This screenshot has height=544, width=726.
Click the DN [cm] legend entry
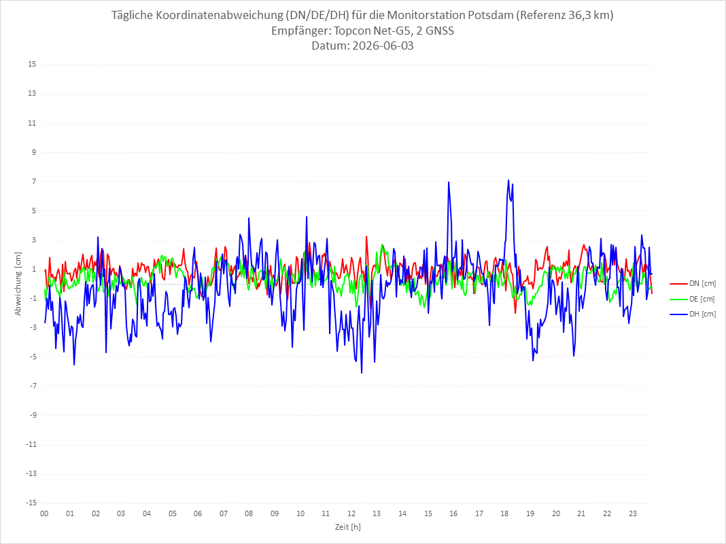pyautogui.click(x=693, y=284)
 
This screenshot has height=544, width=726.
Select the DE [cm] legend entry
pyautogui.click(x=692, y=299)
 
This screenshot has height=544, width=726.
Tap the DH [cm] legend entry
pyautogui.click(x=693, y=314)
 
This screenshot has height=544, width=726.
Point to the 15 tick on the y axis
pyautogui.click(x=32, y=65)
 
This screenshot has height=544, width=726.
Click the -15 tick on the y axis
pyautogui.click(x=31, y=503)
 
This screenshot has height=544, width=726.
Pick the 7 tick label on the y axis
pyautogui.click(x=34, y=181)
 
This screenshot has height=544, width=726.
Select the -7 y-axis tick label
pyautogui.click(x=33, y=386)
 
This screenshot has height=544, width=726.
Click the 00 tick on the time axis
pyautogui.click(x=44, y=513)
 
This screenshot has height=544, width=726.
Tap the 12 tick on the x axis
pyautogui.click(x=351, y=513)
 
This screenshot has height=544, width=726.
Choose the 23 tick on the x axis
pyautogui.click(x=633, y=513)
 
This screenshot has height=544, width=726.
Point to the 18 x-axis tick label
pyautogui.click(x=504, y=513)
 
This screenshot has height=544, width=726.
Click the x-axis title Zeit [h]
pyautogui.click(x=348, y=527)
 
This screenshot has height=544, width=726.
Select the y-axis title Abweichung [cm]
pyautogui.click(x=18, y=284)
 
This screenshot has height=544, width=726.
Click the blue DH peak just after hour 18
pyautogui.click(x=508, y=180)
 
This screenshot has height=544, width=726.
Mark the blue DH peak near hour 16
pyautogui.click(x=448, y=182)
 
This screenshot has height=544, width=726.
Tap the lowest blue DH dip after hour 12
pyautogui.click(x=362, y=373)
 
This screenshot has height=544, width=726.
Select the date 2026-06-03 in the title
pyautogui.click(x=383, y=46)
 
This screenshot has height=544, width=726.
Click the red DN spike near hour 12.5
pyautogui.click(x=366, y=236)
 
